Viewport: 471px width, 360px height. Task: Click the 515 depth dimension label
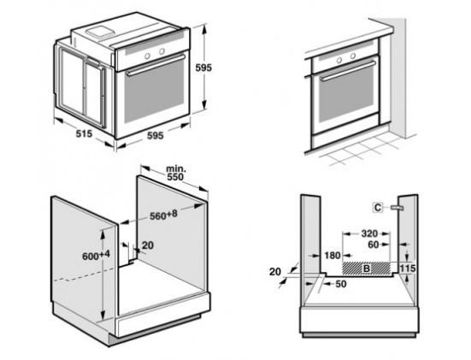click(x=84, y=133)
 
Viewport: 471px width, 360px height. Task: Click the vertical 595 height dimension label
click(x=203, y=68)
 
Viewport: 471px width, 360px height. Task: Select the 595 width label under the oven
click(x=155, y=135)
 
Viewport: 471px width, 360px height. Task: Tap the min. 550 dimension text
click(x=175, y=173)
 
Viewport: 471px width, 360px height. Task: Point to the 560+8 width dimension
click(x=164, y=215)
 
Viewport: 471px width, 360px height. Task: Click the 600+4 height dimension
click(x=96, y=256)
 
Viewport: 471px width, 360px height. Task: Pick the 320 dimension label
click(x=369, y=233)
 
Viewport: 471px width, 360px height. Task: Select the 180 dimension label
click(x=333, y=256)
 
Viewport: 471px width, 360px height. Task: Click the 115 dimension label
click(x=407, y=268)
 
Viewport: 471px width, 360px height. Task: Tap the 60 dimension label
click(x=373, y=245)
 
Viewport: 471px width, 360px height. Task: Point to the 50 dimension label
click(x=340, y=284)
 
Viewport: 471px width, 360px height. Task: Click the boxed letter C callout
click(x=378, y=207)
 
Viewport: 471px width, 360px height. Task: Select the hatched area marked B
click(x=367, y=269)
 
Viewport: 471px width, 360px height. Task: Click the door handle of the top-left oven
click(x=155, y=65)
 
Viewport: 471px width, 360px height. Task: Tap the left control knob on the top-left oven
click(x=148, y=56)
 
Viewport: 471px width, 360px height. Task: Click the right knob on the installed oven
click(x=353, y=56)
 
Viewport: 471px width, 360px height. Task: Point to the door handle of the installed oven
click(x=348, y=71)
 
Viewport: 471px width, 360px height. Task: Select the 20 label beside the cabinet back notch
click(x=148, y=245)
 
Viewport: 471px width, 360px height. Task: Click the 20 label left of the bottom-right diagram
click(x=275, y=272)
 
